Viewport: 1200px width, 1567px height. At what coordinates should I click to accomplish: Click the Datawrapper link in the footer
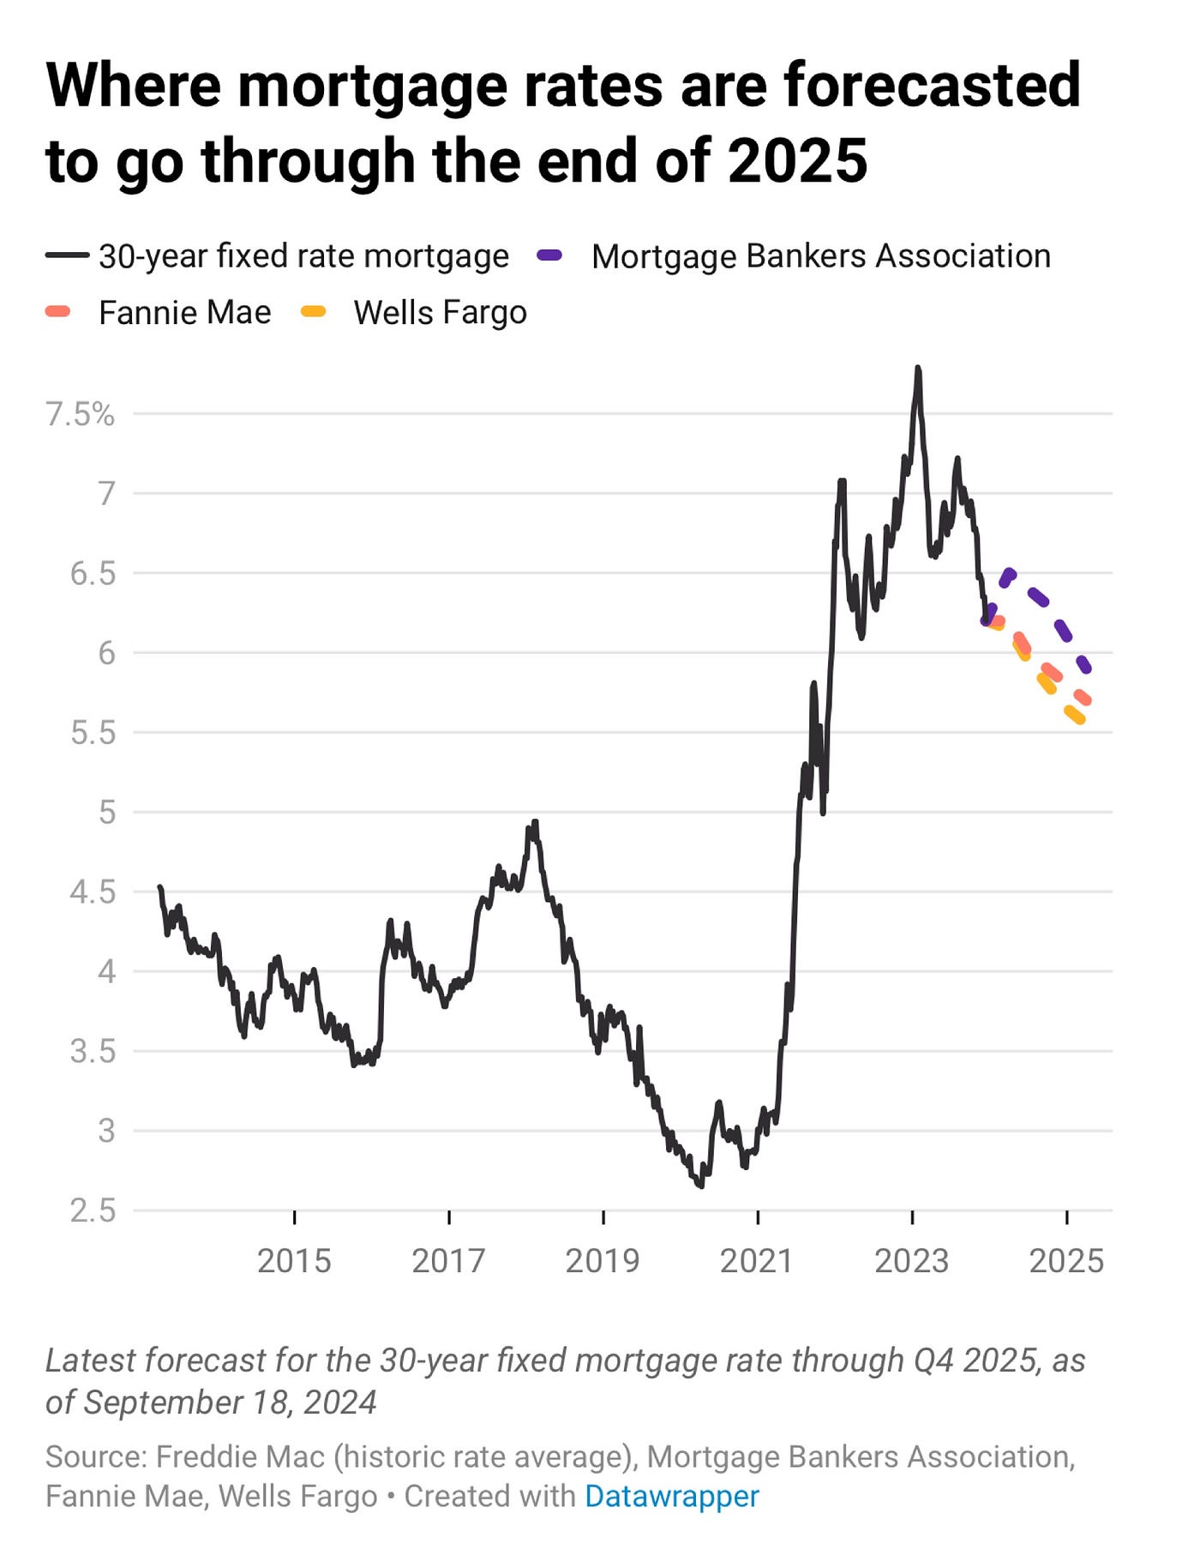click(x=671, y=1496)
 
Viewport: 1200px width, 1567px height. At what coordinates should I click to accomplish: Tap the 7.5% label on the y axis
click(x=80, y=414)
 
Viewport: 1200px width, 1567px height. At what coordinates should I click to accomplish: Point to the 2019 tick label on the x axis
click(x=603, y=1261)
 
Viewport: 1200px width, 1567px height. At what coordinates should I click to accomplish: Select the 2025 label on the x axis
click(x=1065, y=1261)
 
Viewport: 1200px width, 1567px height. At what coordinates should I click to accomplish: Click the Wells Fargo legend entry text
click(x=440, y=313)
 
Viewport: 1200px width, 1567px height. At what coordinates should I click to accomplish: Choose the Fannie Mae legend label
click(x=184, y=313)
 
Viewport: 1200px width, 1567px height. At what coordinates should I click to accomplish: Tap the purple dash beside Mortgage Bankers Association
click(x=549, y=255)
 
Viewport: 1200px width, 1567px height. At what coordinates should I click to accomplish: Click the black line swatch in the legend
click(x=67, y=255)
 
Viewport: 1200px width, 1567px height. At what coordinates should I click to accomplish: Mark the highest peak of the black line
click(x=918, y=369)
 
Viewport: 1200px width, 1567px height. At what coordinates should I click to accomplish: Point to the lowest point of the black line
click(x=699, y=1186)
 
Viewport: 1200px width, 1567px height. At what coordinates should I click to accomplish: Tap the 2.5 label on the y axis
click(x=93, y=1210)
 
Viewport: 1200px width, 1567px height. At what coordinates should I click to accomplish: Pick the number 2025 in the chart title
click(x=797, y=160)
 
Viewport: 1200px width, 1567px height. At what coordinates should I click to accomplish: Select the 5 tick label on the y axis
click(x=106, y=812)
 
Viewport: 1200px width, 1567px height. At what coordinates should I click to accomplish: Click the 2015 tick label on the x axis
click(x=294, y=1261)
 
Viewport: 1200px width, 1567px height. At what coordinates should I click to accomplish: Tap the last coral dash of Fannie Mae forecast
click(x=1083, y=698)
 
